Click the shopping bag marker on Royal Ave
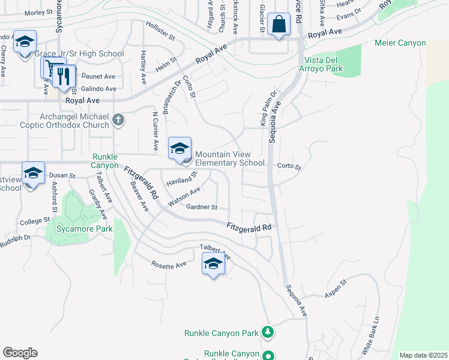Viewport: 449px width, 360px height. point(279,25)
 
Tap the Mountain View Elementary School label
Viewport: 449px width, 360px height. point(230,158)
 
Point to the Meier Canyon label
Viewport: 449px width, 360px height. point(400,43)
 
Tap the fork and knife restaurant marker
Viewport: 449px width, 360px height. point(65,76)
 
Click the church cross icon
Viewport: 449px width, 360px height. point(118,120)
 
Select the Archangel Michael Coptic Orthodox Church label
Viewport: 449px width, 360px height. point(74,121)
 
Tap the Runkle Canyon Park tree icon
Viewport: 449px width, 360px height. point(268,332)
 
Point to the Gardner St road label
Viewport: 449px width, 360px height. point(201,208)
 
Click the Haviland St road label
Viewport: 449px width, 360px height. point(182,179)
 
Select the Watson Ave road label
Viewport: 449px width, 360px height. point(184,197)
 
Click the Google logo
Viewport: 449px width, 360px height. point(20,353)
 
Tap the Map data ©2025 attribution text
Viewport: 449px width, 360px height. point(423,355)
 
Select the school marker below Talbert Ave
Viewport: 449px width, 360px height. point(213,265)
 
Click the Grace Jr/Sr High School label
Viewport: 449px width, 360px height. point(79,54)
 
